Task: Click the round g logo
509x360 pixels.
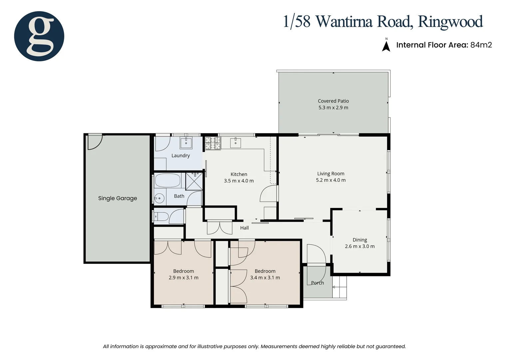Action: click(39, 36)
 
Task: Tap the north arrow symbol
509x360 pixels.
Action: click(386, 46)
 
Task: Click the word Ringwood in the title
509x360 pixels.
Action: click(450, 22)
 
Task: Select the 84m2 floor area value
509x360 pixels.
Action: click(481, 45)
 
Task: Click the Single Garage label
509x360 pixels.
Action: click(117, 198)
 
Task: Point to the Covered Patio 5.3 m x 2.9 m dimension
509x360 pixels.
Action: click(333, 108)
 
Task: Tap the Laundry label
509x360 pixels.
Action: click(181, 156)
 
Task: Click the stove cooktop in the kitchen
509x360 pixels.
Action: click(213, 143)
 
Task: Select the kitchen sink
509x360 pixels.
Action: click(236, 143)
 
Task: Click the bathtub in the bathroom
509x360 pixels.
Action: click(168, 181)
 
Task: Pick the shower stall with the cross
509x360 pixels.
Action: click(194, 181)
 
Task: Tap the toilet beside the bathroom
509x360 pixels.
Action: click(161, 217)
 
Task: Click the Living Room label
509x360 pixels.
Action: click(330, 174)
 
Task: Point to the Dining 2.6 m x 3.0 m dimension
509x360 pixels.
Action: click(359, 246)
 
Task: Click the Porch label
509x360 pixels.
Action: click(317, 283)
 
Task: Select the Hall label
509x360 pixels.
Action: click(245, 228)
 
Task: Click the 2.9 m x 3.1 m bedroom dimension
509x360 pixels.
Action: click(184, 278)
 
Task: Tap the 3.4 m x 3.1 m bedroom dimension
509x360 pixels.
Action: click(265, 278)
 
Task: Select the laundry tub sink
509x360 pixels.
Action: click(186, 143)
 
